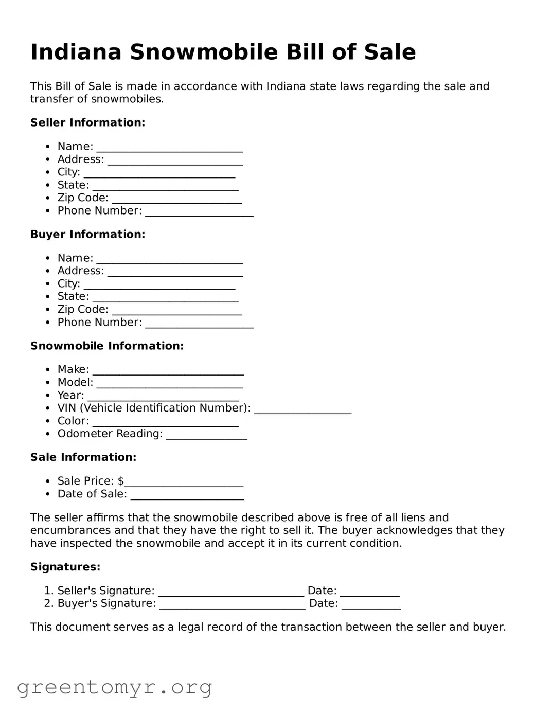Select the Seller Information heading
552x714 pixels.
click(87, 122)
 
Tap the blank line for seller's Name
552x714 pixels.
click(169, 149)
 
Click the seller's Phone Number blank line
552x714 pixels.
click(199, 213)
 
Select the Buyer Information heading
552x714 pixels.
click(87, 234)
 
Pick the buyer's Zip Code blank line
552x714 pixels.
click(176, 312)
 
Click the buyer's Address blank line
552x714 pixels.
click(175, 273)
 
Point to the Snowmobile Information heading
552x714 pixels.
click(106, 346)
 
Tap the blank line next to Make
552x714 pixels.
click(168, 372)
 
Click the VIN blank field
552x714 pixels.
click(302, 410)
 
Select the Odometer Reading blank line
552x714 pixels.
click(206, 436)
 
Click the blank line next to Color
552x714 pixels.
click(165, 423)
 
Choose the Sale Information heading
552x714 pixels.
click(83, 457)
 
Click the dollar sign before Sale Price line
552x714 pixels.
click(121, 481)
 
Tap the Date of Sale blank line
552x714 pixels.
click(187, 496)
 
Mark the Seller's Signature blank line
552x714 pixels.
click(230, 593)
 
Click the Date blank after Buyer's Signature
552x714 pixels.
click(371, 606)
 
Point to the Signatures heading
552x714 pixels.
click(65, 567)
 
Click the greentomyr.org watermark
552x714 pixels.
click(114, 687)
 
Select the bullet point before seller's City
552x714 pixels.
click(48, 172)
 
